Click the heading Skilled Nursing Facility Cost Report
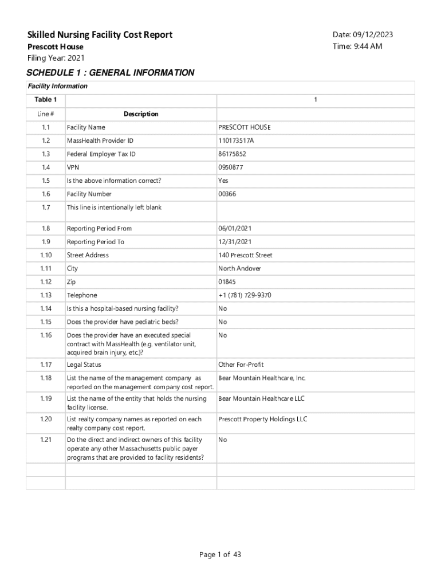click(x=100, y=35)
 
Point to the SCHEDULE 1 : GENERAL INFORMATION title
click(x=111, y=73)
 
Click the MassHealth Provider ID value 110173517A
click(x=236, y=140)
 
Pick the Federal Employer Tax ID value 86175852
click(x=232, y=154)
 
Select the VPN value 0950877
click(x=230, y=167)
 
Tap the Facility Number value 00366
click(x=227, y=194)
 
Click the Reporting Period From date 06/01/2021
click(x=235, y=228)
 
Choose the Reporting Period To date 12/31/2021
click(x=235, y=242)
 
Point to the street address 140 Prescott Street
click(x=245, y=255)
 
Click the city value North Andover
click(x=239, y=268)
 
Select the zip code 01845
click(x=227, y=282)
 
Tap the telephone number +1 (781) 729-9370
click(x=245, y=295)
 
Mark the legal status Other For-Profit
click(x=241, y=365)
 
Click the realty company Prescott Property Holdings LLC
click(x=262, y=419)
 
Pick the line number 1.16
click(x=46, y=335)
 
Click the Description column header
click(x=141, y=114)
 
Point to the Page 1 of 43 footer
click(x=220, y=554)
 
